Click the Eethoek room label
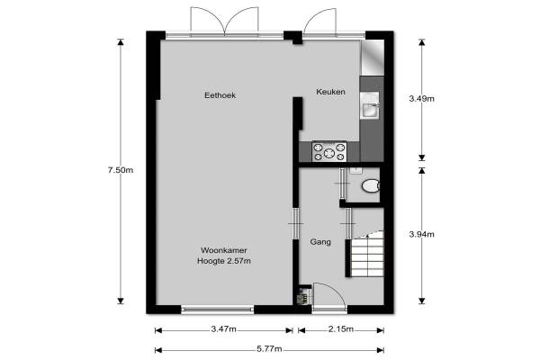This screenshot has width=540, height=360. (x=220, y=95)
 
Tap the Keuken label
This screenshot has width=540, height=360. (x=330, y=92)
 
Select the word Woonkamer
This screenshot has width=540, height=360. (x=224, y=250)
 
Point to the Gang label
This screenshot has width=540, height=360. (x=320, y=242)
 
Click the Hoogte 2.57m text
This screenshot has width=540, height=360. (x=224, y=261)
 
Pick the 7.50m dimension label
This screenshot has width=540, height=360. (x=121, y=170)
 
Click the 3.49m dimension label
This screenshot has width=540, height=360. (x=421, y=99)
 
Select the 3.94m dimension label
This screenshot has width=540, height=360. (x=421, y=234)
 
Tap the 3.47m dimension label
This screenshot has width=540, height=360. (x=224, y=329)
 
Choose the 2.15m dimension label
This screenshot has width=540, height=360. (x=341, y=329)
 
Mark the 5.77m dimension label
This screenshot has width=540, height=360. (x=269, y=349)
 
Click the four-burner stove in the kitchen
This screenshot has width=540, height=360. (x=329, y=151)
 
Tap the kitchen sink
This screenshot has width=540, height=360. (x=370, y=105)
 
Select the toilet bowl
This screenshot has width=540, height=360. (x=371, y=186)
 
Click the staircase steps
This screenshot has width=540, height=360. (x=367, y=254)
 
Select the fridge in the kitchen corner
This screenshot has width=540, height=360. (x=372, y=58)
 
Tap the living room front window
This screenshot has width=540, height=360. (x=217, y=310)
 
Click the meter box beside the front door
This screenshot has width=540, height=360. (x=302, y=295)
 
